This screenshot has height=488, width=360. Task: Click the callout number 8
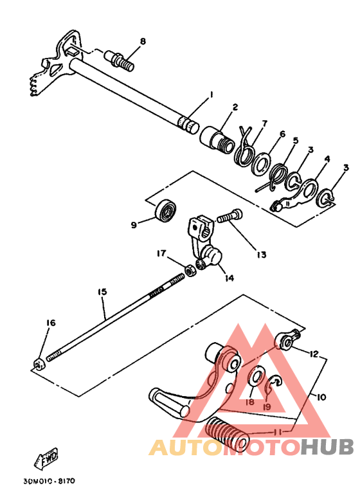coord(143,42)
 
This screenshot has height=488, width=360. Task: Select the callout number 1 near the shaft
coord(210,96)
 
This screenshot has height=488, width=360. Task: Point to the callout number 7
coord(264,123)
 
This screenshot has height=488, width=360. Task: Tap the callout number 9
coord(134,225)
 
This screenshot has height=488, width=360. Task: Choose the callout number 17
coord(161,254)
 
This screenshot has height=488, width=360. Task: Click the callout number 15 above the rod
coord(102,292)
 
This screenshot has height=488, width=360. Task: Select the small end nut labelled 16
coord(38,365)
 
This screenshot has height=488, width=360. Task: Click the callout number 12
coord(313,354)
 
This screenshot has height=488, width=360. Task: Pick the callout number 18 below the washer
coord(249,402)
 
